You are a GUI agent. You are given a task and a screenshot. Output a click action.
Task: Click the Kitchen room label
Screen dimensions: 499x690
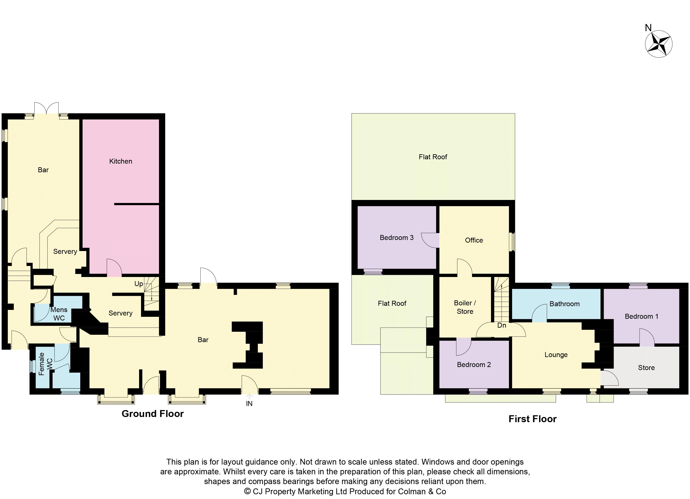[120, 161]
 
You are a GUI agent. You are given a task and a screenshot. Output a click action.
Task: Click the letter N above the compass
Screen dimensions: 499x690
[648, 28]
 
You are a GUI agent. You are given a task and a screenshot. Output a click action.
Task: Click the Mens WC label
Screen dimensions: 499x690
[59, 314]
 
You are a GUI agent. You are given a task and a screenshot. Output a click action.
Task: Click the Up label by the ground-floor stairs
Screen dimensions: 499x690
[138, 284]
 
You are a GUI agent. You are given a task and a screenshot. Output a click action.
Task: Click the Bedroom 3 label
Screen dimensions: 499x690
[396, 238]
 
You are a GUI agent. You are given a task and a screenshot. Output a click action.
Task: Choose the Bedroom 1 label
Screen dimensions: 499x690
[641, 316]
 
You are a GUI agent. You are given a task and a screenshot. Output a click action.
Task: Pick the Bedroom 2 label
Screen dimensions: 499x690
[474, 365]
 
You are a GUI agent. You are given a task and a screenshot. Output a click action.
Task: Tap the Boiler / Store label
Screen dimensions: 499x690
[465, 307]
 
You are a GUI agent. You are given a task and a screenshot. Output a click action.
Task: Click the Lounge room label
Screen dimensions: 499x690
[556, 355]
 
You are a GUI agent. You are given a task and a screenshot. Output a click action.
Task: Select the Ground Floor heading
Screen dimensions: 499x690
[152, 414]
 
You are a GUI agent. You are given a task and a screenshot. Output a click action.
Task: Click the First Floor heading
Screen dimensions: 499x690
[532, 419]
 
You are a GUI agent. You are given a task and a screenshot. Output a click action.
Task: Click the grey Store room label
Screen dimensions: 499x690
[646, 368]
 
